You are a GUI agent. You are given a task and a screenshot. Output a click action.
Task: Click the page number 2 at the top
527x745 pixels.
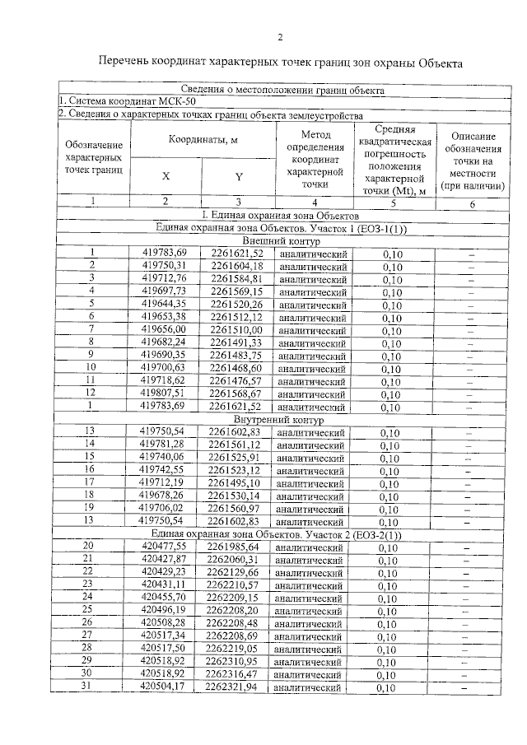click(279, 37)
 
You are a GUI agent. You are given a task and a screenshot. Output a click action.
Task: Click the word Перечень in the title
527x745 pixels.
click(126, 63)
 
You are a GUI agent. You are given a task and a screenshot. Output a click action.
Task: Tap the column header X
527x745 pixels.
click(166, 175)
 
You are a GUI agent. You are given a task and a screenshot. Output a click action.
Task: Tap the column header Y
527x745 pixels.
click(239, 175)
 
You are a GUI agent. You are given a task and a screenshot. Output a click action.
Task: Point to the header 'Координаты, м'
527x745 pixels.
click(203, 140)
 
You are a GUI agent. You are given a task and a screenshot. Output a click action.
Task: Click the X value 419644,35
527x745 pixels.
click(165, 305)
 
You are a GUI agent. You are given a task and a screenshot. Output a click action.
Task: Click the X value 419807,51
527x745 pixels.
click(165, 393)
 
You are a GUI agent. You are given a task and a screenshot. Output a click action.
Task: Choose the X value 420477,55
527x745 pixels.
click(164, 547)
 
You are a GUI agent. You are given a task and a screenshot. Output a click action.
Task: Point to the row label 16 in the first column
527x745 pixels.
click(90, 471)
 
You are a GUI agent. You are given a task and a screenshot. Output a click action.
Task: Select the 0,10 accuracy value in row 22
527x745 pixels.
click(388, 573)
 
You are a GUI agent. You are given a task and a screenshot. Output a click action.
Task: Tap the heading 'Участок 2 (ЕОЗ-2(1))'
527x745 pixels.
click(352, 534)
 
